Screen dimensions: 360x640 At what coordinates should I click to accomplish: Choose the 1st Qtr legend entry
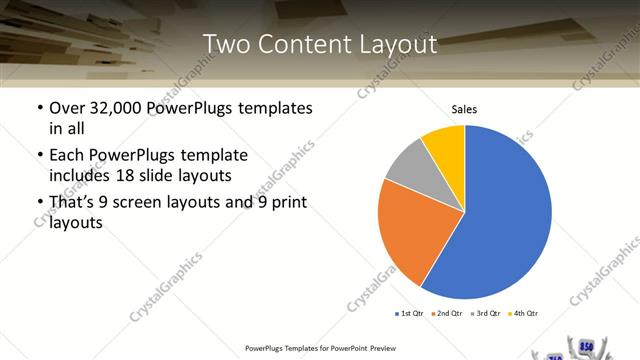411,314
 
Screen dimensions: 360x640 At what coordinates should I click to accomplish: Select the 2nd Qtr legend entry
449,314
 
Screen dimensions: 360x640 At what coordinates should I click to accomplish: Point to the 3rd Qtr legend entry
487,314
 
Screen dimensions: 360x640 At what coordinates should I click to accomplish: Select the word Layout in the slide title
399,45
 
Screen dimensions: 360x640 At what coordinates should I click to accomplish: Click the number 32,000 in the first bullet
119,108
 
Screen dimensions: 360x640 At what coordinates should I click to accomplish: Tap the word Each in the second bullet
67,155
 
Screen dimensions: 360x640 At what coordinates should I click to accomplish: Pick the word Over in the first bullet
67,108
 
